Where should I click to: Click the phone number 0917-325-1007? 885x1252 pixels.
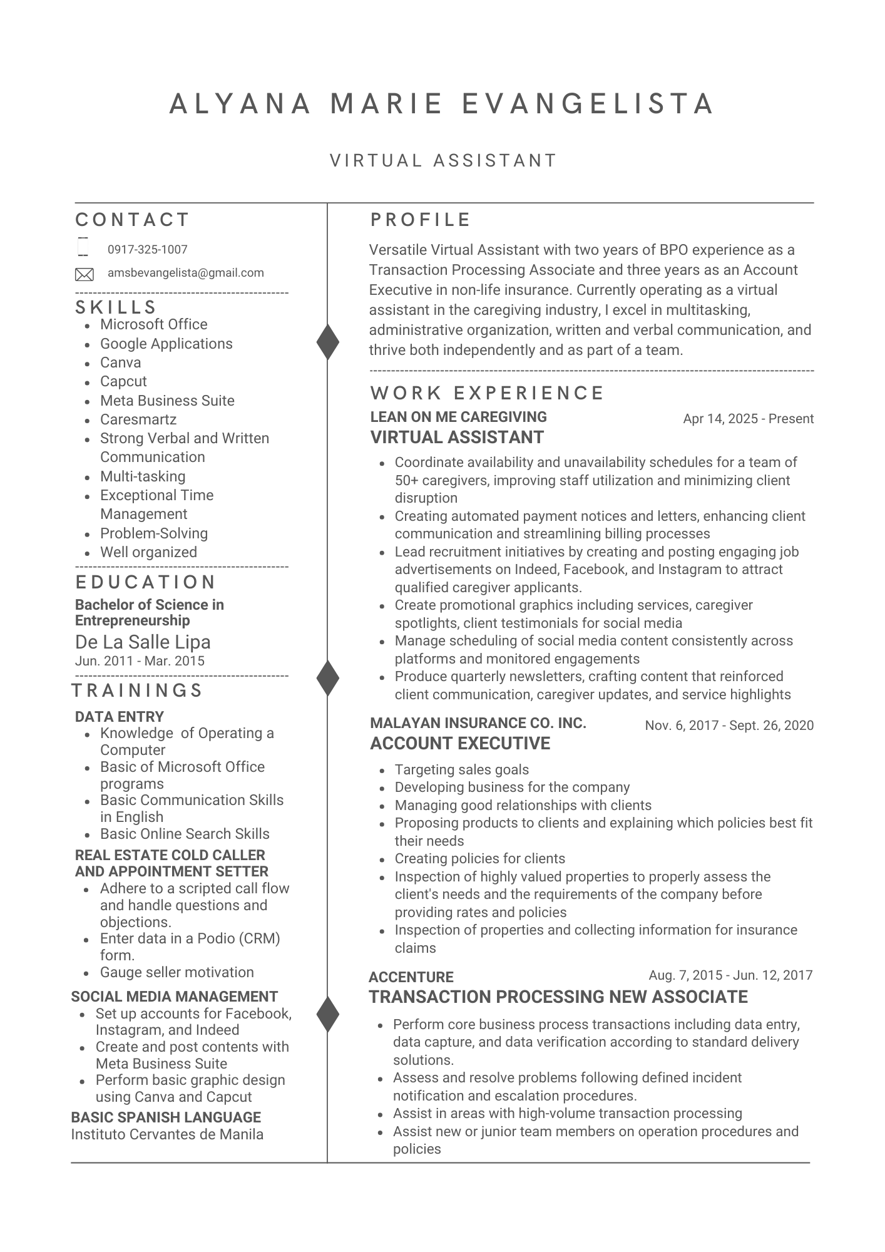pyautogui.click(x=147, y=250)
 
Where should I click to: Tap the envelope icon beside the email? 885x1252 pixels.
pyautogui.click(x=84, y=274)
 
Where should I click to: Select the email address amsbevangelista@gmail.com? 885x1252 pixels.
pyautogui.click(x=185, y=273)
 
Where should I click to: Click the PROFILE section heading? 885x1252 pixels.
pyautogui.click(x=421, y=220)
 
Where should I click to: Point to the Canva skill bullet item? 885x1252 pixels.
pyautogui.click(x=120, y=362)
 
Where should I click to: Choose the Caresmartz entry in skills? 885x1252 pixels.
pyautogui.click(x=138, y=419)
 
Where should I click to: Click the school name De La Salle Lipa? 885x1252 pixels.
pyautogui.click(x=143, y=642)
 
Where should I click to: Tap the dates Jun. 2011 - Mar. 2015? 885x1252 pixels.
pyautogui.click(x=140, y=661)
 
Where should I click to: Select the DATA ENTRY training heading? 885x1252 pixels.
pyautogui.click(x=119, y=717)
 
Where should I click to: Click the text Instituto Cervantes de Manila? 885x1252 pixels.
pyautogui.click(x=167, y=1134)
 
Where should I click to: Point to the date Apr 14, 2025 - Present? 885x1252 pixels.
pyautogui.click(x=748, y=419)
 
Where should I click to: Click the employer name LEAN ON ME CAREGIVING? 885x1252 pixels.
pyautogui.click(x=458, y=417)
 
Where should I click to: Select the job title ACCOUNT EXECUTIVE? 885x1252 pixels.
pyautogui.click(x=460, y=744)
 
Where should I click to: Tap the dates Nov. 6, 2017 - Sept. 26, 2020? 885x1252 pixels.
pyautogui.click(x=729, y=726)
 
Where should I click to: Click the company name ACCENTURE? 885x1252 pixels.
pyautogui.click(x=411, y=977)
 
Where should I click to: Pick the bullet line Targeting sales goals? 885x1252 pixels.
pyautogui.click(x=461, y=770)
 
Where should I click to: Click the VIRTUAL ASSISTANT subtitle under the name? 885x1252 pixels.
pyautogui.click(x=443, y=161)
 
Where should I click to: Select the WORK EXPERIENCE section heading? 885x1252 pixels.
pyautogui.click(x=487, y=393)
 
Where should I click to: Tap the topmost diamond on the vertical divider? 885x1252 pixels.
pyautogui.click(x=327, y=342)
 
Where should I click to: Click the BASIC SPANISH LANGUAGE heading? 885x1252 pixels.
pyautogui.click(x=166, y=1117)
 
